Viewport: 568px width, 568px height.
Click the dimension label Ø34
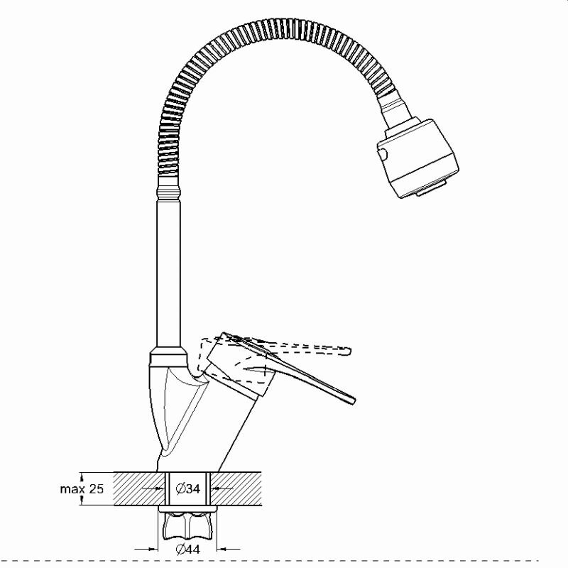pyautogui.click(x=187, y=488)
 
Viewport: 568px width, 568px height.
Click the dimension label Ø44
pyautogui.click(x=187, y=550)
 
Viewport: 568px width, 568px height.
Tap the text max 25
pyautogui.click(x=82, y=489)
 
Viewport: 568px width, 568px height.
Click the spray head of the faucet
pyautogui.click(x=417, y=158)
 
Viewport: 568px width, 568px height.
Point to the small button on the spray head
pyautogui.click(x=383, y=155)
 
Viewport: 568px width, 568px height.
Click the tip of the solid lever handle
pyautogui.click(x=354, y=400)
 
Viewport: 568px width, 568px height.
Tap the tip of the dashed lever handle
pyautogui.click(x=349, y=351)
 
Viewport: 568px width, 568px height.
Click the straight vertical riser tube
pyautogui.click(x=168, y=273)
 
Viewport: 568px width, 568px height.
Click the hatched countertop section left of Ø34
pyautogui.click(x=140, y=488)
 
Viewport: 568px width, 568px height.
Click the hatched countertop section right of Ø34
pyautogui.click(x=236, y=488)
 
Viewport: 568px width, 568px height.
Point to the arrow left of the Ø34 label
pyautogui.click(x=152, y=488)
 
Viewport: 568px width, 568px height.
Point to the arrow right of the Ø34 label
pyautogui.click(x=222, y=488)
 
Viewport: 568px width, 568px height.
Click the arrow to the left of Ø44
pyautogui.click(x=146, y=549)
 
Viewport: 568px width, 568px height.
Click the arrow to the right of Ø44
pyautogui.click(x=229, y=549)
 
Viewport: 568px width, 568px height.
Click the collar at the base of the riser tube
pyautogui.click(x=168, y=356)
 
